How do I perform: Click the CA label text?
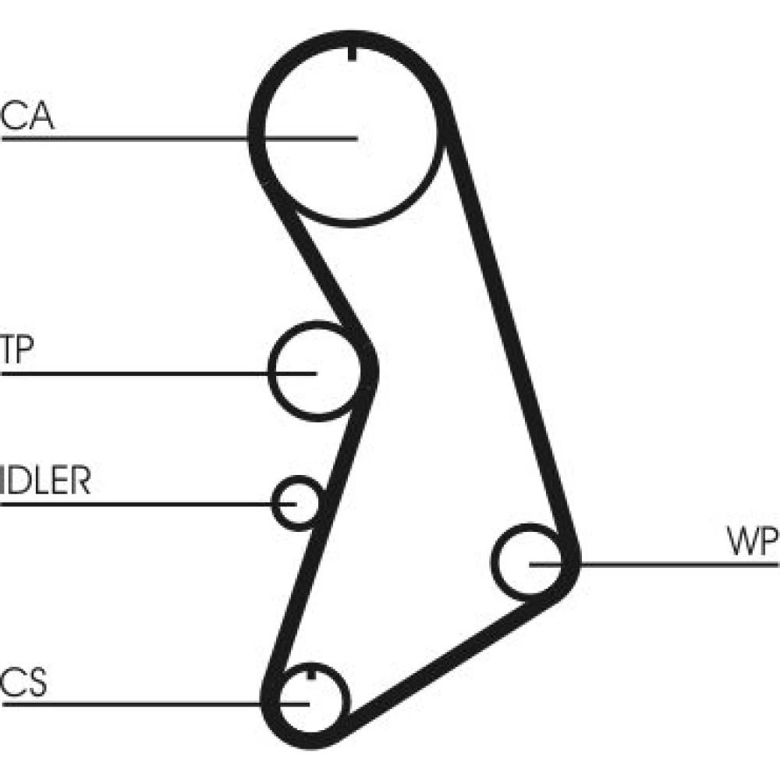pos(27,116)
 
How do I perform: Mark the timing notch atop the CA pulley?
pos(352,54)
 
